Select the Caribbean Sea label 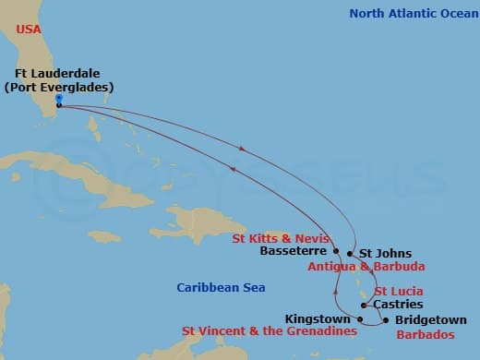click(221, 288)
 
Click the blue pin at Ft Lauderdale click(58, 99)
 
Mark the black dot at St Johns click(350, 253)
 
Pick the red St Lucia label click(398, 292)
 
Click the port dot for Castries click(365, 305)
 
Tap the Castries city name click(398, 305)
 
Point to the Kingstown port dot click(360, 317)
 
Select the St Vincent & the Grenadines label click(270, 330)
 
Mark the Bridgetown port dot click(385, 320)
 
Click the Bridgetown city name click(430, 320)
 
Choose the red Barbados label click(426, 334)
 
